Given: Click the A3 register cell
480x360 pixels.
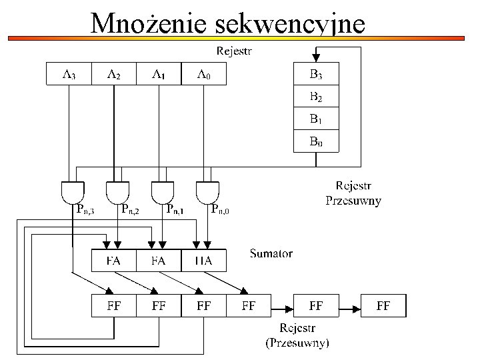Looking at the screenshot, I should [69, 73].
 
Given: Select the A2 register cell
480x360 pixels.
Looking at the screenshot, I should [113, 73].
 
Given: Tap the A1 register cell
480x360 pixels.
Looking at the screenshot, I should [158, 73].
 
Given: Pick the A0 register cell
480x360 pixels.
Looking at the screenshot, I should [203, 73].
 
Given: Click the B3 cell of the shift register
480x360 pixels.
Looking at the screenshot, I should [316, 74].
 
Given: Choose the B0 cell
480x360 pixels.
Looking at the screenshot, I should [316, 141].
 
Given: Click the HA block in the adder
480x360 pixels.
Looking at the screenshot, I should [203, 261].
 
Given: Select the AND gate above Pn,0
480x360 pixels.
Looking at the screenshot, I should [207, 192].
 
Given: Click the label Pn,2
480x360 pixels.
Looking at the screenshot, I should [131, 210].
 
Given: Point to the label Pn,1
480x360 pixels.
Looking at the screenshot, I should [175, 210].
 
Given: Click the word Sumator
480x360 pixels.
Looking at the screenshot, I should [271, 253].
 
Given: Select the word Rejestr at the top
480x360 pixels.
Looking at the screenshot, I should [235, 51].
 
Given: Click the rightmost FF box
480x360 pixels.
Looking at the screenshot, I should [383, 306].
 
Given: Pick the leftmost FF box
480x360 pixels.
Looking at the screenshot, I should [113, 306].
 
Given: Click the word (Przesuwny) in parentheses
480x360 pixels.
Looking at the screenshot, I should [297, 343].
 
